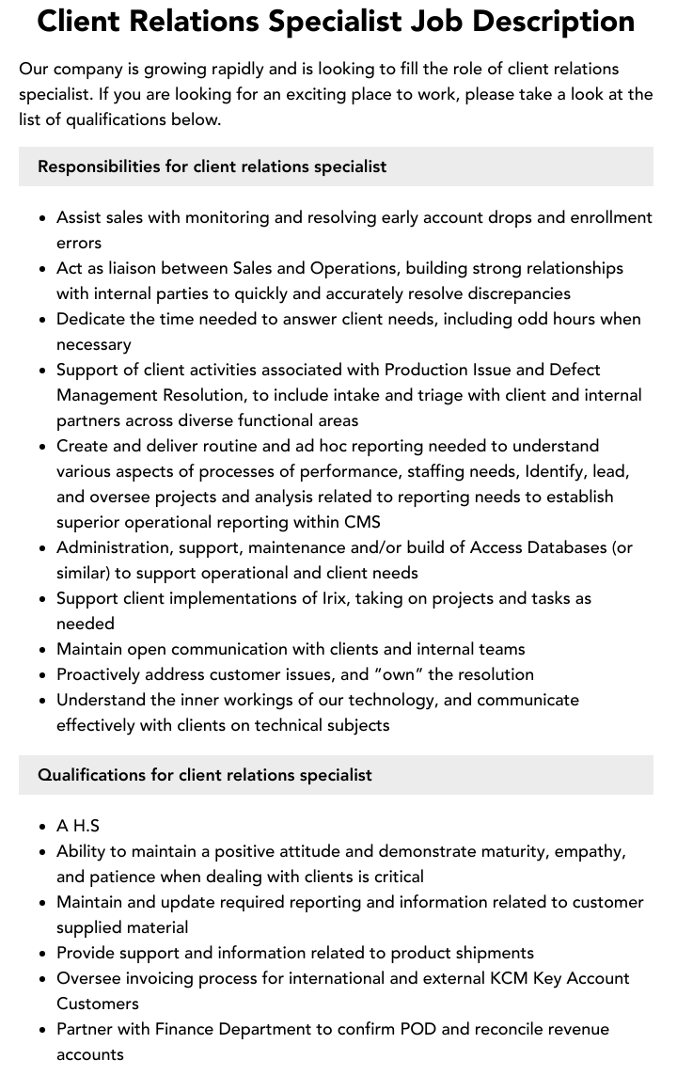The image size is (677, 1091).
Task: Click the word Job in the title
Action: [x=447, y=21]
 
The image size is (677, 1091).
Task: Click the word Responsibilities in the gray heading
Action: [x=99, y=166]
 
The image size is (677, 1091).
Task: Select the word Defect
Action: [x=574, y=370]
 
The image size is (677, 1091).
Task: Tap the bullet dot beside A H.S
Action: [x=43, y=827]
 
